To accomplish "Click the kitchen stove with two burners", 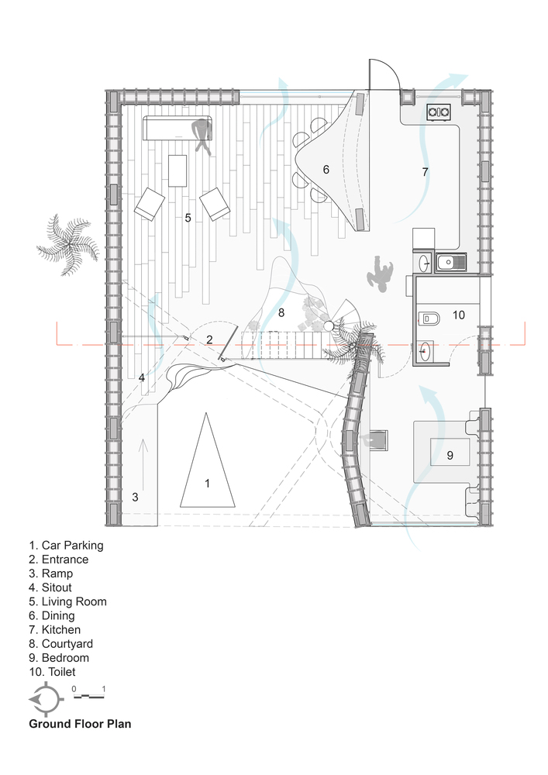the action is click(438, 112).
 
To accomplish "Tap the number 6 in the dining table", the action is click(326, 170).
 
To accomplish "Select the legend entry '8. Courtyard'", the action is click(60, 643).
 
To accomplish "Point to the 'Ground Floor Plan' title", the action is click(80, 724).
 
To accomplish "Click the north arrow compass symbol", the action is click(46, 699).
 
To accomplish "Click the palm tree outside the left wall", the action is click(67, 244).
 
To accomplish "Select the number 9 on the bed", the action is click(450, 455).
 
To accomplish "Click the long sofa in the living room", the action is click(178, 128).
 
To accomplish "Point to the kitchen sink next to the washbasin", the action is click(451, 261).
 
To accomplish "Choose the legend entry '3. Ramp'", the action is click(51, 573).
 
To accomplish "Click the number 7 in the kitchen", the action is click(425, 171).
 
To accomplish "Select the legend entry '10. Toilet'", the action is click(53, 672).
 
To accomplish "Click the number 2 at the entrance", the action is click(209, 339).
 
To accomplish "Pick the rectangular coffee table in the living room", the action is click(177, 170).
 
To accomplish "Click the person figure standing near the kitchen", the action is click(381, 273).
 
